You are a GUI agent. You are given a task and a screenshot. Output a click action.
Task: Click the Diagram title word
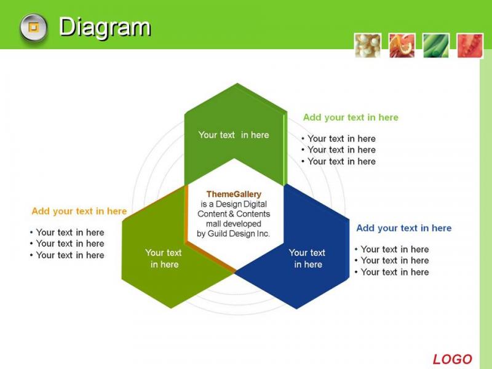[105, 28]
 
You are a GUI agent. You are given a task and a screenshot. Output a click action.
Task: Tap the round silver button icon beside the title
[34, 28]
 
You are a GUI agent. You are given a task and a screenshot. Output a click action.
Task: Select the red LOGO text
[452, 359]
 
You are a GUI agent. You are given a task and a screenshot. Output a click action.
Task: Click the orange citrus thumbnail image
[402, 46]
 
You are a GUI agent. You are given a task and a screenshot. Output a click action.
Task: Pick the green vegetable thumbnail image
[436, 46]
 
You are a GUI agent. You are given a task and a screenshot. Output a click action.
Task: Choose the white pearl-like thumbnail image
[368, 46]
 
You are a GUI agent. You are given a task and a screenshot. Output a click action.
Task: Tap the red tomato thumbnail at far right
[470, 46]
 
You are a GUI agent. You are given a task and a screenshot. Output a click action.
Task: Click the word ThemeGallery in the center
[234, 194]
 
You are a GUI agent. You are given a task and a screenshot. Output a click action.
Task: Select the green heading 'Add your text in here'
[351, 117]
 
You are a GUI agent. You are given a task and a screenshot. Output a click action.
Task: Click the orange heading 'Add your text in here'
[79, 211]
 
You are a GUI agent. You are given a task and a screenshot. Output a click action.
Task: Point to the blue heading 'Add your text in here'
[404, 228]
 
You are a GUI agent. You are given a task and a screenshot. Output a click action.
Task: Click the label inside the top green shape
[234, 135]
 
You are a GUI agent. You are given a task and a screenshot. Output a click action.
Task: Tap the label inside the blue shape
[307, 258]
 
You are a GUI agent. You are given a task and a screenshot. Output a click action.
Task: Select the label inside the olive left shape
[164, 258]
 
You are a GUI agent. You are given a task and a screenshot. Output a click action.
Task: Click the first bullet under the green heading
[338, 139]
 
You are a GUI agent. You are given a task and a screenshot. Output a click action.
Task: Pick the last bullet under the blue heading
[392, 272]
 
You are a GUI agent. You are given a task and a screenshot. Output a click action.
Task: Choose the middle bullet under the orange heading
[67, 244]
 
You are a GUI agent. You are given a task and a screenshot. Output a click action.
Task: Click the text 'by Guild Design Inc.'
[233, 234]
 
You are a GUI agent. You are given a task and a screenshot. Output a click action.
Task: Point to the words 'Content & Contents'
[234, 214]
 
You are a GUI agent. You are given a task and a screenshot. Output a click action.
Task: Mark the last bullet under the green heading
[338, 161]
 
